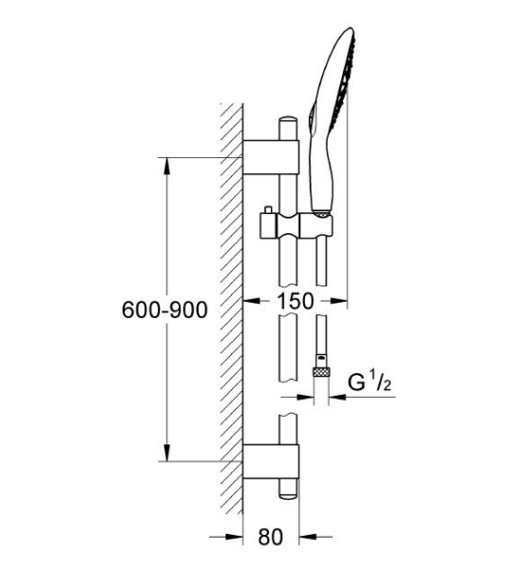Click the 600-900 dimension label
(x=164, y=309)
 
